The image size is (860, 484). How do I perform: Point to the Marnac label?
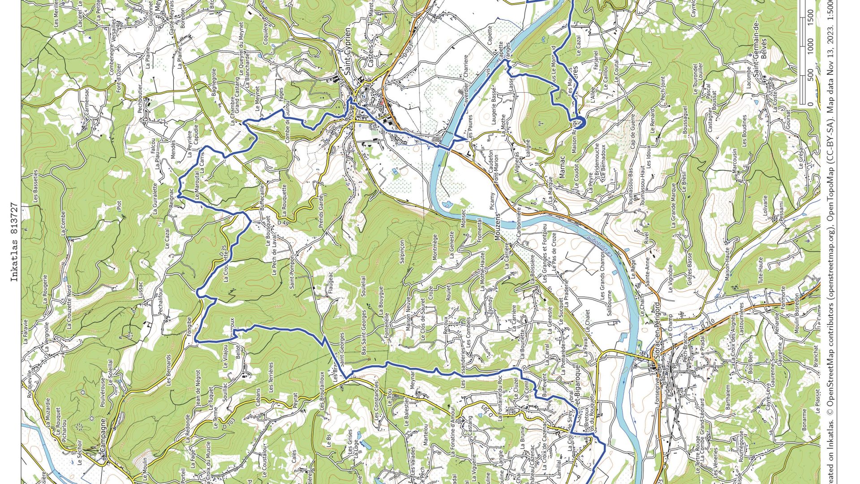click(x=562, y=167)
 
